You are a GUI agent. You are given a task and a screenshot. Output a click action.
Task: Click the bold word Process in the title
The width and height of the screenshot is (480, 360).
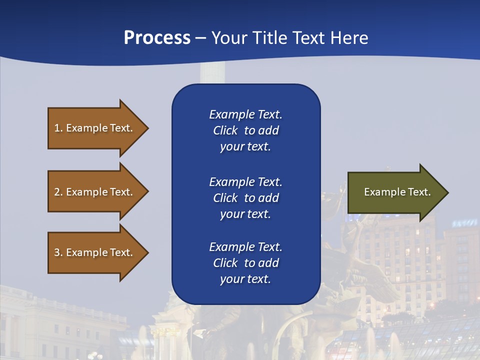(x=157, y=38)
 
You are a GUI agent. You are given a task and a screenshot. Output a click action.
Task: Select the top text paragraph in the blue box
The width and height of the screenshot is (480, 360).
(x=245, y=130)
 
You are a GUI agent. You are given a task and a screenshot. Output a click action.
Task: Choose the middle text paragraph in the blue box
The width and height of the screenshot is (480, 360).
(x=245, y=198)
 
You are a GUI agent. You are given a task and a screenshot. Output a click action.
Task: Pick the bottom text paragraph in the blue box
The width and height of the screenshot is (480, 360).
(x=245, y=263)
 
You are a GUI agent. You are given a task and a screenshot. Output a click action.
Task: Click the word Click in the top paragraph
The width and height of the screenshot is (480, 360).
(x=225, y=130)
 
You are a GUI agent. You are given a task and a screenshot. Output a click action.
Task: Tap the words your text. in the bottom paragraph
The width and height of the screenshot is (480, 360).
(x=245, y=279)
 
